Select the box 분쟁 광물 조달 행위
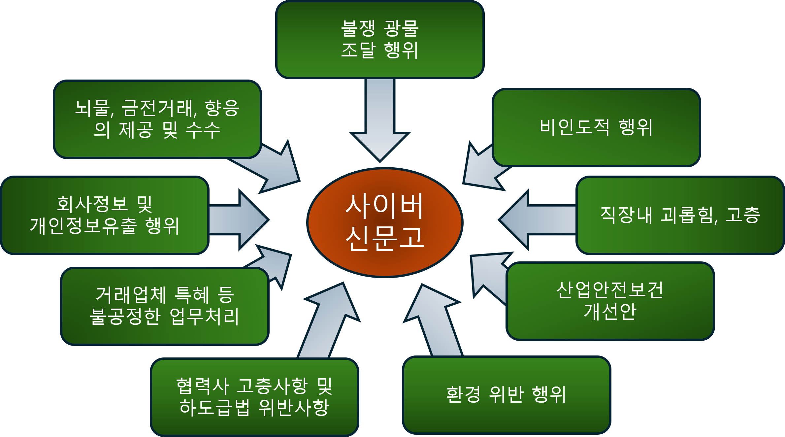(x=379, y=40)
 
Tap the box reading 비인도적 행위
(x=596, y=127)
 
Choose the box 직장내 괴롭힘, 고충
(x=680, y=215)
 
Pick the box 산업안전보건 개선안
(x=610, y=301)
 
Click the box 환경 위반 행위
(x=506, y=395)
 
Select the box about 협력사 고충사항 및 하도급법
(x=254, y=397)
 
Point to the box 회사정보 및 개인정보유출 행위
(x=104, y=215)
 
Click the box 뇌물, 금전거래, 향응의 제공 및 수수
(x=157, y=119)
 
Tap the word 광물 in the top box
(x=401, y=28)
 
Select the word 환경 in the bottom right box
(x=463, y=395)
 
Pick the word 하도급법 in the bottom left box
(x=214, y=408)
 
